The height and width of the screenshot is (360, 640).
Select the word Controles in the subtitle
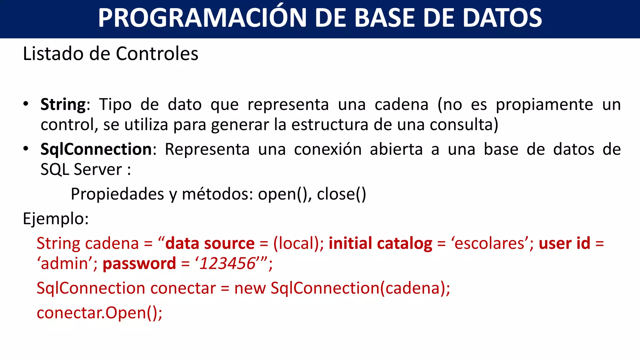coord(157,54)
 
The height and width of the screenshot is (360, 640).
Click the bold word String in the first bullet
coord(63,104)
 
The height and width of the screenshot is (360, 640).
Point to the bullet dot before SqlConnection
coord(26,149)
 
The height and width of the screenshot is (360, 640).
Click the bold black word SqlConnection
coord(96,149)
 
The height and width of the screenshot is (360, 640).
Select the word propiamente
coord(544,104)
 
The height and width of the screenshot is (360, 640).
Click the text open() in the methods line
coord(284,194)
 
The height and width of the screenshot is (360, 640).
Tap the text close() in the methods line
coord(341,194)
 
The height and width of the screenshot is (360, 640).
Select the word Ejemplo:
coord(56,219)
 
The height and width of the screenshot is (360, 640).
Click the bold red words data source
coord(210,243)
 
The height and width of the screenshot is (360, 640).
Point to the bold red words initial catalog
coord(380,243)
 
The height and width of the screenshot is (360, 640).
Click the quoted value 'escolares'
coord(490,243)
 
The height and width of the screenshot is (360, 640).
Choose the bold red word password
coord(139,263)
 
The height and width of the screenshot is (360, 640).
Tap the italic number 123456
coord(227,263)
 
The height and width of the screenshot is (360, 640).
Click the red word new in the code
coord(250,288)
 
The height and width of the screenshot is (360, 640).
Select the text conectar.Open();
coord(99,312)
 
